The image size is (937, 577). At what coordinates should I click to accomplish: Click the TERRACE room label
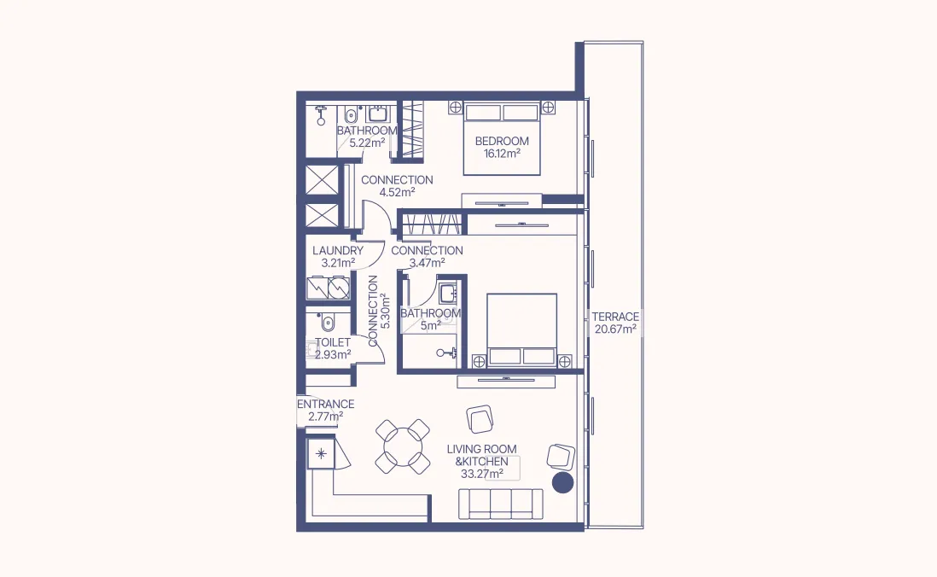pos(614,317)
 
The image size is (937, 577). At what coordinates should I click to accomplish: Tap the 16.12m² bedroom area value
pos(502,154)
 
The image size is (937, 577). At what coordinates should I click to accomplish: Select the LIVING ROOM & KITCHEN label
pos(481,455)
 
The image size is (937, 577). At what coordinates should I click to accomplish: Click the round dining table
pos(403,446)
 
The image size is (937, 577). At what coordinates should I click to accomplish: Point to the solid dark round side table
pos(562,483)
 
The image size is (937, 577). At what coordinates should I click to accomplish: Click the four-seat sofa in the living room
pos(501,504)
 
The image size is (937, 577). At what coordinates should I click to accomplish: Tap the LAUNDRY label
pos(338,251)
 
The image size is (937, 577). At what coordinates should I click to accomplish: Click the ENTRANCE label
pos(325,404)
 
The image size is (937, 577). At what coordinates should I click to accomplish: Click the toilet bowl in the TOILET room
pos(328,323)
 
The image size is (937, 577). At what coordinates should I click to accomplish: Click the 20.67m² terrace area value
pos(614,329)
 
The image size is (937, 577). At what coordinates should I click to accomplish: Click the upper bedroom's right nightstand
pos(548,108)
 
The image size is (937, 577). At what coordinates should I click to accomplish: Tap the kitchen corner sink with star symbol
pos(322,454)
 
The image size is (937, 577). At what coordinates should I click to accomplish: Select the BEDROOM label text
pos(502,141)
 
